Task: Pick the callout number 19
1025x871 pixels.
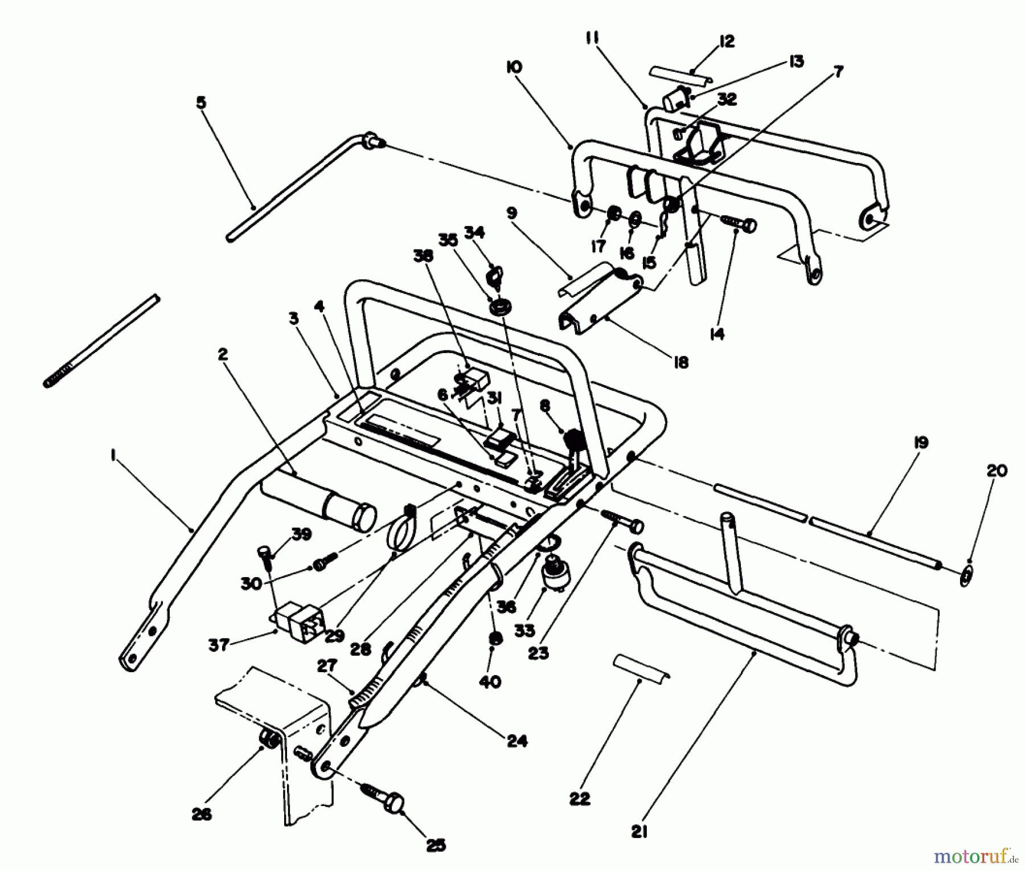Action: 921,443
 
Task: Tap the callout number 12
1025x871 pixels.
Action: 727,41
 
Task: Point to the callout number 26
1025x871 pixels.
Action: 202,814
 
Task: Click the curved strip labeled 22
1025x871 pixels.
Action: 641,665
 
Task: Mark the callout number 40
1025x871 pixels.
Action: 490,681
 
